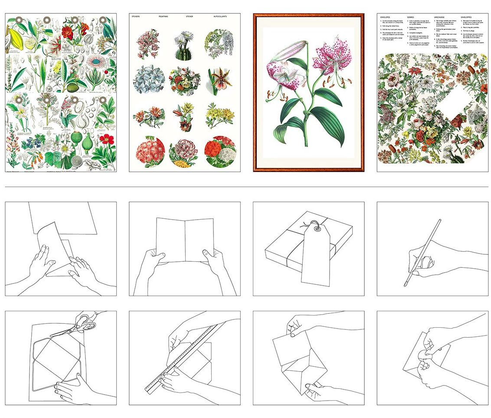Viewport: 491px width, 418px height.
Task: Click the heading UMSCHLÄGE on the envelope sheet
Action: [440, 16]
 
